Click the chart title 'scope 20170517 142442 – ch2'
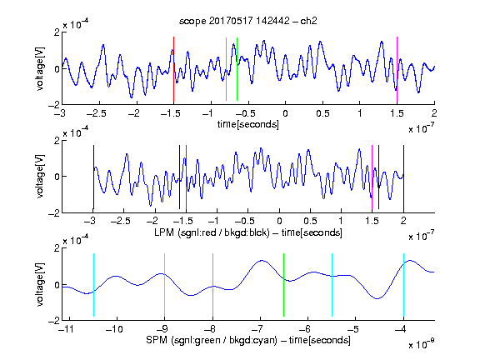pyautogui.click(x=248, y=21)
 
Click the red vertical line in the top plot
pyautogui.click(x=173, y=69)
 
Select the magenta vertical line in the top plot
pyautogui.click(x=397, y=69)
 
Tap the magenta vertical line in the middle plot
pyautogui.click(x=372, y=177)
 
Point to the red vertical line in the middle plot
pyautogui.click(x=186, y=177)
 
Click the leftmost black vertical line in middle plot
pyautogui.click(x=93, y=177)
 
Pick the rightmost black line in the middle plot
pyautogui.click(x=403, y=177)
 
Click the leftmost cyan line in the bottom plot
pyautogui.click(x=93, y=285)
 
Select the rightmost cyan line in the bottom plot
pyautogui.click(x=403, y=285)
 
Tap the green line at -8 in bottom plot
pyautogui.click(x=212, y=285)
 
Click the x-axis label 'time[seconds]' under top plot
pyautogui.click(x=248, y=124)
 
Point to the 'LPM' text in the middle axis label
pyautogui.click(x=164, y=232)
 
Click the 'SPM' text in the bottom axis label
pyautogui.click(x=156, y=340)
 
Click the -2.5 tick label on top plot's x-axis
pyautogui.click(x=97, y=113)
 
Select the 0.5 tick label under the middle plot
pyautogui.click(x=310, y=221)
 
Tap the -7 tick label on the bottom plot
pyautogui.click(x=257, y=329)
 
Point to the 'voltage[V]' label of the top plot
pyautogui.click(x=40, y=68)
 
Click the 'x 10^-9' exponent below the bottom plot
pyautogui.click(x=421, y=344)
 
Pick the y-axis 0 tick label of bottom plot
pyautogui.click(x=57, y=285)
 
